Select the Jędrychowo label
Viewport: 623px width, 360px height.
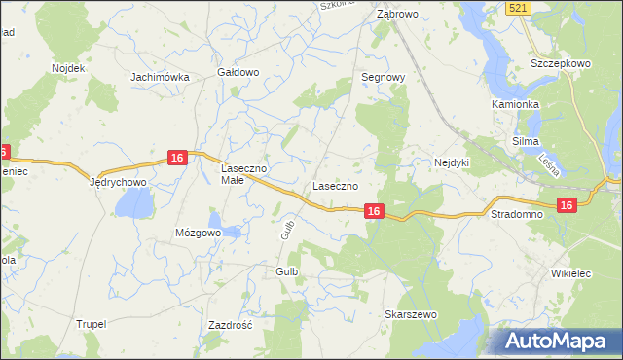tap(118, 182)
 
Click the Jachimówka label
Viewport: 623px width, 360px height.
tap(159, 76)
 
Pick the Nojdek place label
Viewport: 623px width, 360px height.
tap(56, 68)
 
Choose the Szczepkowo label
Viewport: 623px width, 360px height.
tap(561, 63)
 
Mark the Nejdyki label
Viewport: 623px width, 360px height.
tap(452, 162)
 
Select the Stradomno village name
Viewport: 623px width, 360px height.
tap(516, 212)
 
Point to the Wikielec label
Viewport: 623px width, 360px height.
tap(571, 275)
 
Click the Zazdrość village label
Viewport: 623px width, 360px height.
tap(231, 325)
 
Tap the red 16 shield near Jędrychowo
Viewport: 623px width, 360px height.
tap(176, 158)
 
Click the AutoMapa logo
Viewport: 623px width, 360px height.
tap(559, 341)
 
